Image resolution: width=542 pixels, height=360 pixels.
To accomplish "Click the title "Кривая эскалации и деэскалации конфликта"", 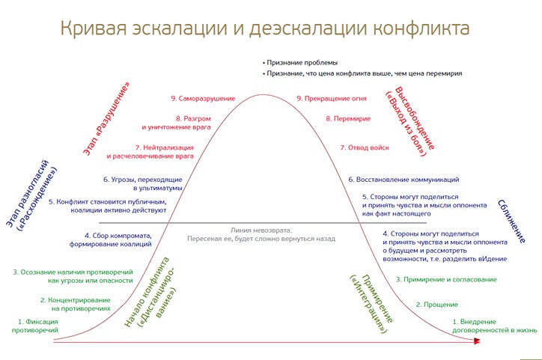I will coord(264,29).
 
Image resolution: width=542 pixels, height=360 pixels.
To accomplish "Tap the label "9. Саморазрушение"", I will coord(203,98).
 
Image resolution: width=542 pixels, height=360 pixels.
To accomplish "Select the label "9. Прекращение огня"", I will coord(332,98).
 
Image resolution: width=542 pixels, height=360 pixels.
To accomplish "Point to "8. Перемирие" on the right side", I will coord(350,118).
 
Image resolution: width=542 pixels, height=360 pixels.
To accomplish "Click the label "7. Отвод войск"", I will coord(365,147).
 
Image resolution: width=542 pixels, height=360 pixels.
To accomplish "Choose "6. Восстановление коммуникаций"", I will coord(404,180).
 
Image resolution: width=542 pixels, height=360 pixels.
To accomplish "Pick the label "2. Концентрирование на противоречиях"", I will coord(75,304).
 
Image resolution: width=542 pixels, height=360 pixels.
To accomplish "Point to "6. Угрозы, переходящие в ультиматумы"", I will coord(143,184).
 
